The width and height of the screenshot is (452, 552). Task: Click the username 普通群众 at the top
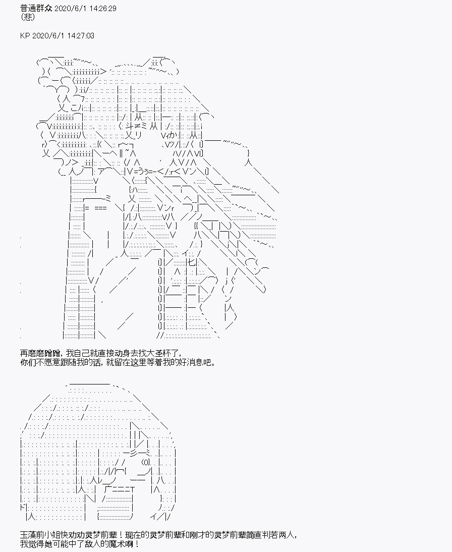[36, 8]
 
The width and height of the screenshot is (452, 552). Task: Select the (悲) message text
[27, 17]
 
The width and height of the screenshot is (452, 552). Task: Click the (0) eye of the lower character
[146, 462]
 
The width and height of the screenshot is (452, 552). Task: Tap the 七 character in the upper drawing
[192, 262]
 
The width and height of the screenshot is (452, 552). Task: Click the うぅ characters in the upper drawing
[142, 172]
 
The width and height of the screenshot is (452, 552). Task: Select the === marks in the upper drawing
[100, 208]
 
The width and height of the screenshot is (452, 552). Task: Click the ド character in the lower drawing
[24, 508]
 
